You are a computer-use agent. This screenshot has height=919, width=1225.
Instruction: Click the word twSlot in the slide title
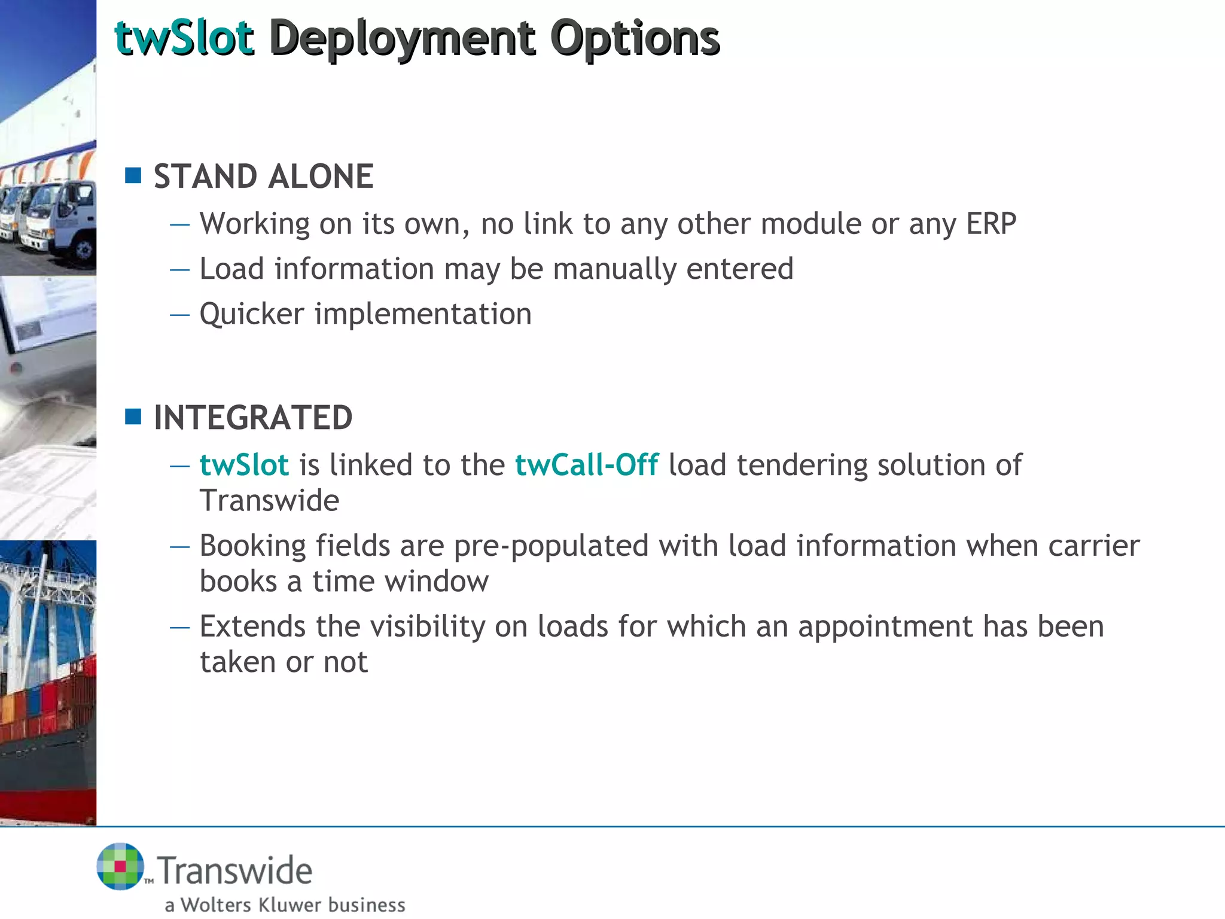tap(184, 38)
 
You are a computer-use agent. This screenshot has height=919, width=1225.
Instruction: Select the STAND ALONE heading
tap(263, 177)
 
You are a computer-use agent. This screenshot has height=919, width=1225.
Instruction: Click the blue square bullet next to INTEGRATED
tap(133, 416)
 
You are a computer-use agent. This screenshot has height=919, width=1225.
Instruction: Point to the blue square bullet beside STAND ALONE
tap(133, 175)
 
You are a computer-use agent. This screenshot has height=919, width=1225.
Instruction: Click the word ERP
tap(991, 224)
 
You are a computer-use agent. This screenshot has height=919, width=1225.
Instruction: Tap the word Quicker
tap(252, 315)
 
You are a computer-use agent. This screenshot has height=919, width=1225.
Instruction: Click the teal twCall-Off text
tap(586, 465)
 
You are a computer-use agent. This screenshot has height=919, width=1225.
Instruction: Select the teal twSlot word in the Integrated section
tap(244, 465)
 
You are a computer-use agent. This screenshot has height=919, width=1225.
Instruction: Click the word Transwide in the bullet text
tap(269, 500)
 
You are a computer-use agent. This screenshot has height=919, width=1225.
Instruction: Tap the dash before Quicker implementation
tap(179, 315)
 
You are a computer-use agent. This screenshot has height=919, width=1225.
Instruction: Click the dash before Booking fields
tap(179, 546)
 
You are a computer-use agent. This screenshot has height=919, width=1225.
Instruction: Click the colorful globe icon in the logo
tap(120, 866)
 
